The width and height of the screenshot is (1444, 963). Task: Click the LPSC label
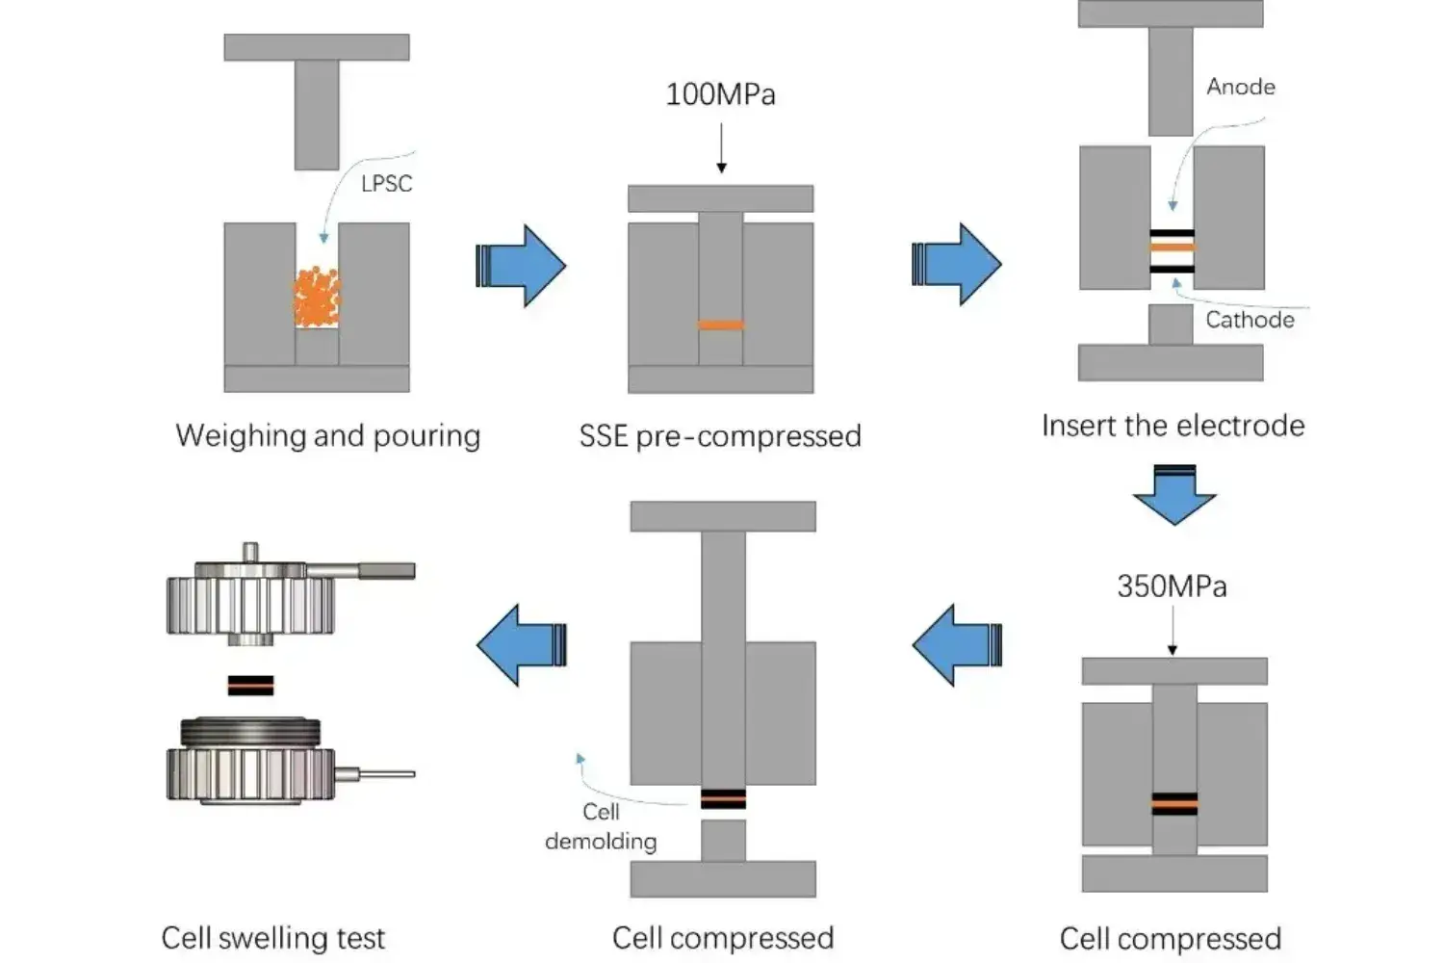386,183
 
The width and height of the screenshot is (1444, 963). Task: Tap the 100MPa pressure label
720,94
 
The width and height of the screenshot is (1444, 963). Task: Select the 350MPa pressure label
1172,586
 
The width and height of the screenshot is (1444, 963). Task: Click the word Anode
1241,87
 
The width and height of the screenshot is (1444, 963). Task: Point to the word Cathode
1250,320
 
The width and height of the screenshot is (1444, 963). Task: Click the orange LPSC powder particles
317,298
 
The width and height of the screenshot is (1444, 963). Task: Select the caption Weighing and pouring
327,435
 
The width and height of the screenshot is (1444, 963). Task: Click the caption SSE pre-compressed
720,436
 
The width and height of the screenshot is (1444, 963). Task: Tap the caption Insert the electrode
1173,426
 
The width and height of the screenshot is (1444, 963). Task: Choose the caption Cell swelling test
272,937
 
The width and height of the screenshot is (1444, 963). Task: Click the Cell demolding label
601,826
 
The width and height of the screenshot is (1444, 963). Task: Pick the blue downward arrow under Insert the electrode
1174,494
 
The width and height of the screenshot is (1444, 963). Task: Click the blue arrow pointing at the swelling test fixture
521,644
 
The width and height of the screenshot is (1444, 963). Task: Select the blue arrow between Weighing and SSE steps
521,266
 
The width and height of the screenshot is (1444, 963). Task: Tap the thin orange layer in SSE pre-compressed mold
721,325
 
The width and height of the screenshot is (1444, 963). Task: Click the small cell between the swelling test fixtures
251,685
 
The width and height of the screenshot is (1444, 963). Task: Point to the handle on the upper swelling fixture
385,571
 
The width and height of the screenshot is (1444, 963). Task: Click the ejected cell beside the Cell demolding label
723,798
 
